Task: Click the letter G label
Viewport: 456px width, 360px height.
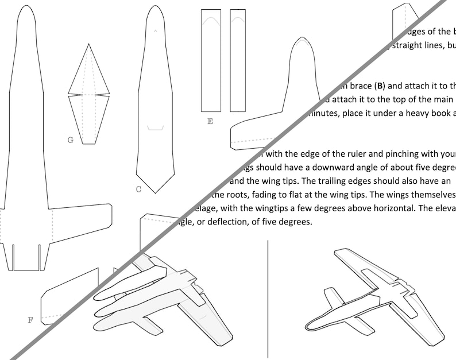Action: click(x=70, y=140)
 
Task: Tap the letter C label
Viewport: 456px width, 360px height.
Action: click(x=138, y=189)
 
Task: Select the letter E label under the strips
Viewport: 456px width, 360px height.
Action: click(x=210, y=121)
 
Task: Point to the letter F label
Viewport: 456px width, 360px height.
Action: click(x=30, y=320)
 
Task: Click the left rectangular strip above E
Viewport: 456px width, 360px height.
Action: click(x=211, y=60)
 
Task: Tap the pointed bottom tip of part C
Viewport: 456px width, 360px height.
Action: click(x=154, y=192)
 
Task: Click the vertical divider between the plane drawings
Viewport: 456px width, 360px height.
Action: click(x=268, y=299)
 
